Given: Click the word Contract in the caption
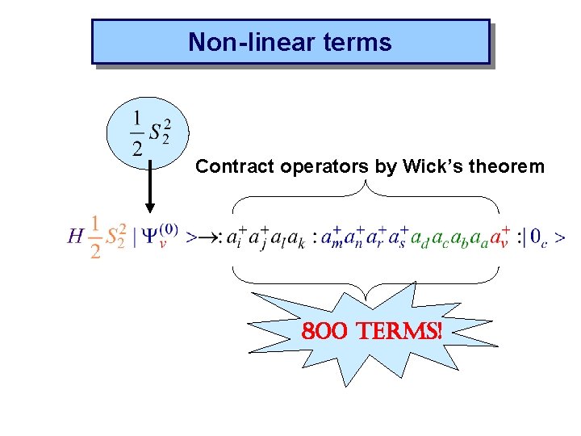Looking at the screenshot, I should pyautogui.click(x=236, y=167).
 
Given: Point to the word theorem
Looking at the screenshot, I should pyautogui.click(x=508, y=167).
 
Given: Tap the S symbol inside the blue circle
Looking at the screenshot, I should pyautogui.click(x=158, y=134).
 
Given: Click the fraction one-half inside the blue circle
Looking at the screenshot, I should pyautogui.click(x=136, y=134).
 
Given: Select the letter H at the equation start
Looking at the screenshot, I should pyautogui.click(x=76, y=237).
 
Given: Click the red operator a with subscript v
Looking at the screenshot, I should pyautogui.click(x=502, y=237).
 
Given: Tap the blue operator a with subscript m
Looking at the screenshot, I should pyautogui.click(x=329, y=237).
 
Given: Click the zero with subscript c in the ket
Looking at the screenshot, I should pyautogui.click(x=539, y=238).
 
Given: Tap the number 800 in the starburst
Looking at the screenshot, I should pyautogui.click(x=322, y=330).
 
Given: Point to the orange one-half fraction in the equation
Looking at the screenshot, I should pyautogui.click(x=96, y=237).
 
